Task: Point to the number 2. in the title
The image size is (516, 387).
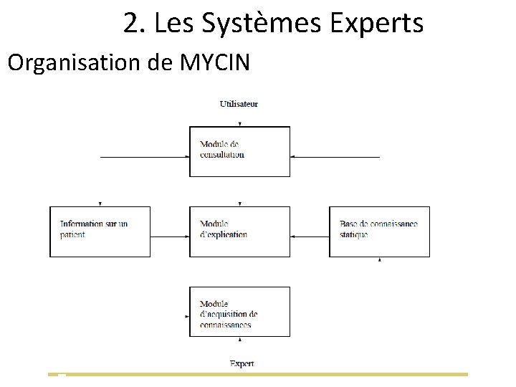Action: (132, 24)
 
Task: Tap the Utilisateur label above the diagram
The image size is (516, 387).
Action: (239, 104)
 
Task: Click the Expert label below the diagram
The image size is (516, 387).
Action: (242, 363)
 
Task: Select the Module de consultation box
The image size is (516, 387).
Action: (239, 151)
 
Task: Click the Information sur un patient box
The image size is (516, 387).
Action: (100, 231)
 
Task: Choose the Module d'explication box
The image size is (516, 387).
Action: (239, 231)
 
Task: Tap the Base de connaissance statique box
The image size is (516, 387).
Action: (379, 231)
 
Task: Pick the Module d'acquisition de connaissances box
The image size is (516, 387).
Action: (239, 312)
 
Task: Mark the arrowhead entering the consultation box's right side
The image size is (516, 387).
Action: (293, 156)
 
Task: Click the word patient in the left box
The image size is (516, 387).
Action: (72, 235)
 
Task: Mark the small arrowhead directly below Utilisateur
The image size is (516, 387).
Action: (239, 125)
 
